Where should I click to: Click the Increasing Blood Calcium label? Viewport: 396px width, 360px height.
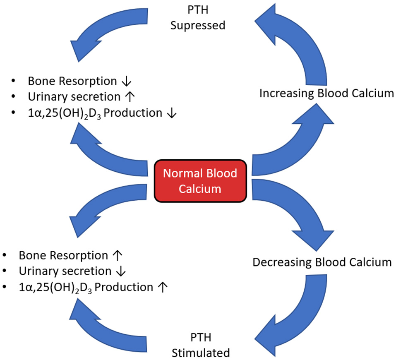click(326, 93)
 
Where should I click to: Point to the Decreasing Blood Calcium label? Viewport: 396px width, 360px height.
click(322, 262)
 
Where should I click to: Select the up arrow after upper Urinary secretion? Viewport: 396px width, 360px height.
click(130, 97)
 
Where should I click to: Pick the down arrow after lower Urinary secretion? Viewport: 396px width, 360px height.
click(120, 271)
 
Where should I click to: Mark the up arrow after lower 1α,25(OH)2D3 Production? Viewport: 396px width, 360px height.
click(163, 288)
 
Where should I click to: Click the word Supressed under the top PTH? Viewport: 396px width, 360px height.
click(198, 25)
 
